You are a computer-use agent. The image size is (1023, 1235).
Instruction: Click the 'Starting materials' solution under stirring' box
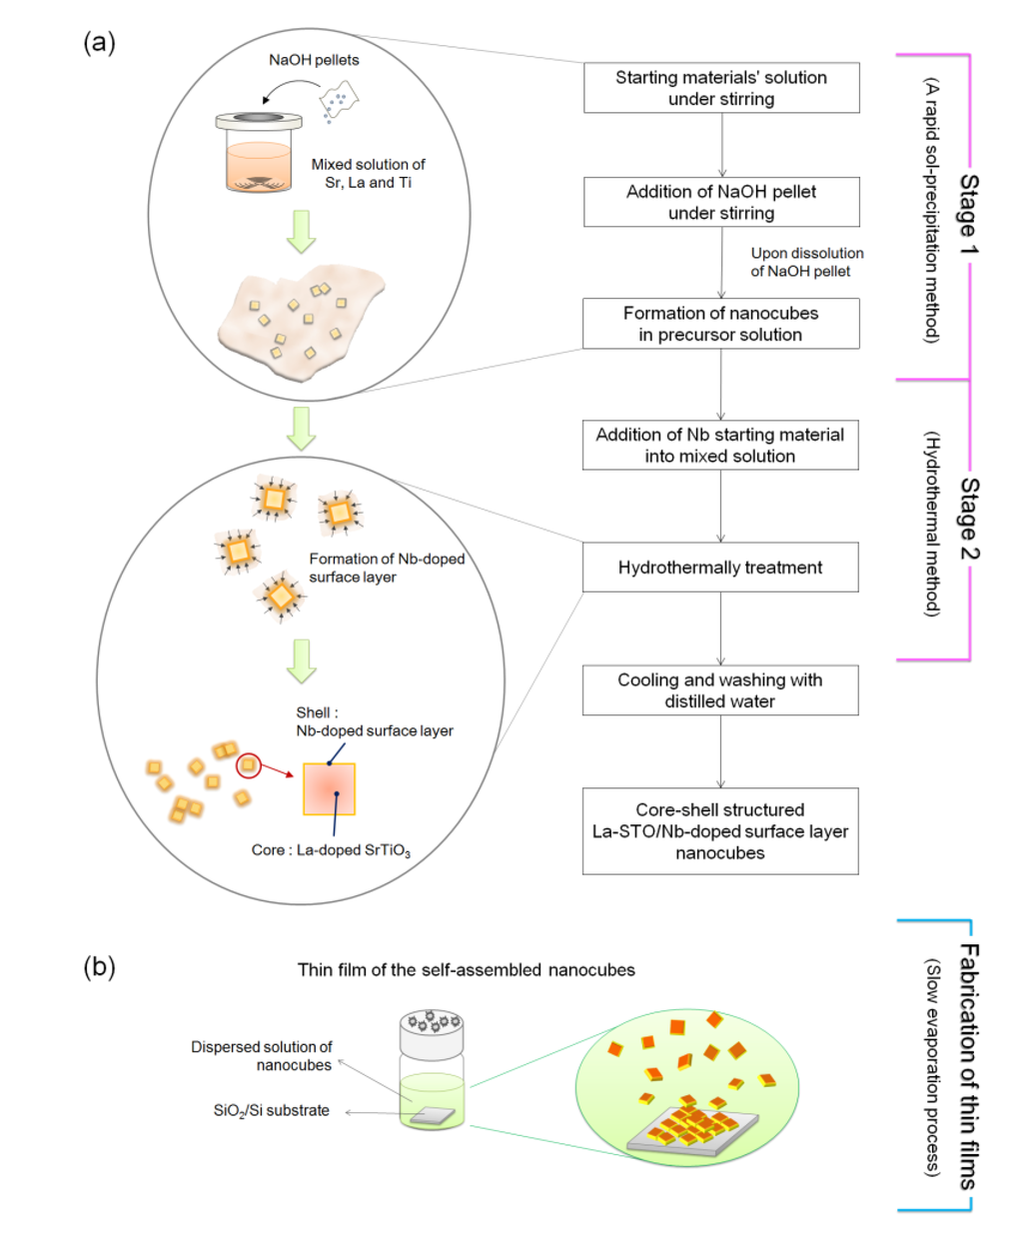721,88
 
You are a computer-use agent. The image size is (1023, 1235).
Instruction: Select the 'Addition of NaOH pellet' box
721,202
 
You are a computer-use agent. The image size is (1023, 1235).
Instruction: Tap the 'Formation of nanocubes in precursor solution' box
721,324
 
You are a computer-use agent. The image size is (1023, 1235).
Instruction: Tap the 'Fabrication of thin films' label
968,1065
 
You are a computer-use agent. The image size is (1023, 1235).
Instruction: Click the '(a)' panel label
99,42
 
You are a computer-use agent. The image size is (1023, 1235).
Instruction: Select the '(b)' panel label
99,966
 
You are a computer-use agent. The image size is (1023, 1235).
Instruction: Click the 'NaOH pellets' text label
314,60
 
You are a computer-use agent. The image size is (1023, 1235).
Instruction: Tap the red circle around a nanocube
248,765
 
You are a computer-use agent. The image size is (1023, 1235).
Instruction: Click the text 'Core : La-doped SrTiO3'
331,850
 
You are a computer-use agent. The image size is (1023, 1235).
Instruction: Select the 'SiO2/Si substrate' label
271,1110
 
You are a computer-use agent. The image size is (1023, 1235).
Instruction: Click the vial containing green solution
432,1074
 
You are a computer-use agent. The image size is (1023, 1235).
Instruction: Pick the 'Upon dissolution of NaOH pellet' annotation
806,262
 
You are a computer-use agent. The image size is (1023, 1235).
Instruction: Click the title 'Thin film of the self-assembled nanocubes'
466,969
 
